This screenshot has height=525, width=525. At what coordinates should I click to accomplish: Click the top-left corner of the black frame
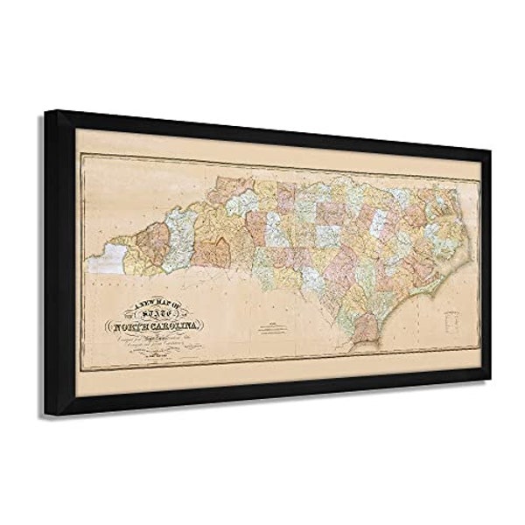[49, 111]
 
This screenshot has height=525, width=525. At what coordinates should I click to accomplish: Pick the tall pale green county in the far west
[178, 234]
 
